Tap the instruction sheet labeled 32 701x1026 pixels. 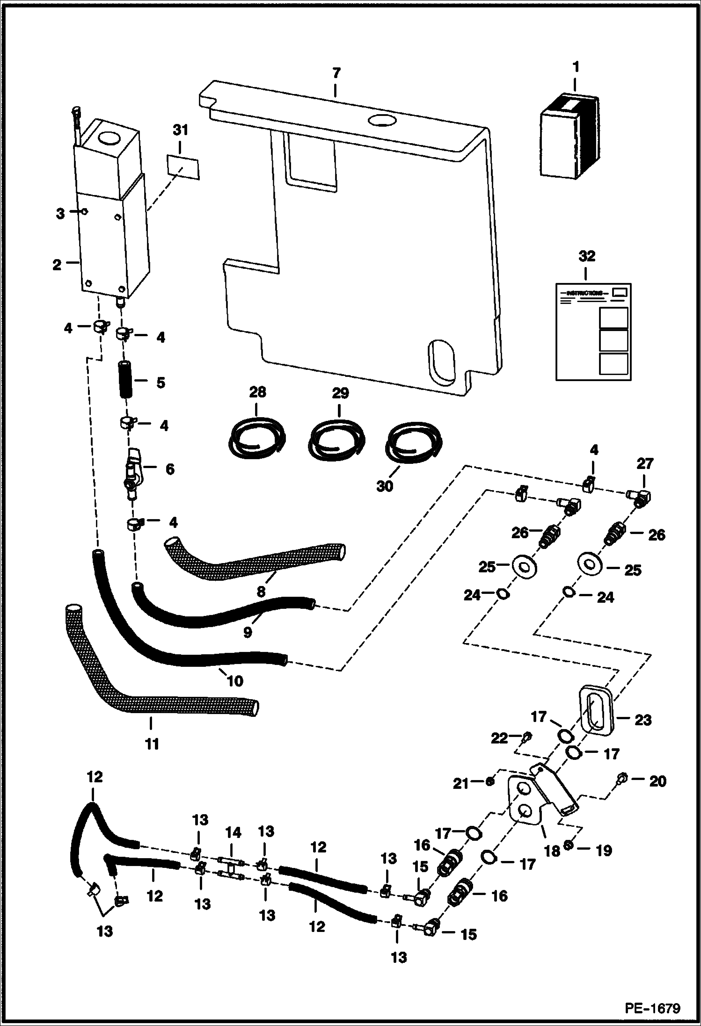pos(593,332)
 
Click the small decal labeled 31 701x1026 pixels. pos(183,167)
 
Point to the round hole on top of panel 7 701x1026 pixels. pos(382,121)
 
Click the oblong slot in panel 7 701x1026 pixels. pos(441,362)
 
